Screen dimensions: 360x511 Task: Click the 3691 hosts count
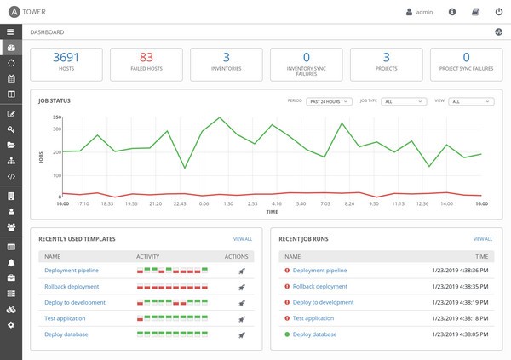tap(66, 58)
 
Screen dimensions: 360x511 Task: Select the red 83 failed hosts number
tap(146, 58)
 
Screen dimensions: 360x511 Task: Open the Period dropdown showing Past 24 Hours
tap(328, 101)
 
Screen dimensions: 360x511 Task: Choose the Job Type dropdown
tap(403, 101)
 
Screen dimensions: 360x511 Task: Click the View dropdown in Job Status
tap(471, 101)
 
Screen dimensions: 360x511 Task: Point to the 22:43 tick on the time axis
tap(179, 204)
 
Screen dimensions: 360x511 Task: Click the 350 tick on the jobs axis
tap(57, 117)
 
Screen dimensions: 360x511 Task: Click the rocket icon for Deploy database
tap(242, 334)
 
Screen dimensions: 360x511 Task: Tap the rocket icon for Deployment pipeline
tap(242, 271)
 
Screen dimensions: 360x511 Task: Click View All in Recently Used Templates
tap(243, 239)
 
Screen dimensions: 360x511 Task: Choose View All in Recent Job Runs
tap(482, 239)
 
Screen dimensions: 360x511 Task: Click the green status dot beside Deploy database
tap(287, 334)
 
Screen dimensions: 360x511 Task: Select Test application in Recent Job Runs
tap(313, 318)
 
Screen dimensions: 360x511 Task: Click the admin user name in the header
tap(424, 13)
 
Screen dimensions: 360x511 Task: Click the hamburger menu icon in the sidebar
tap(10, 31)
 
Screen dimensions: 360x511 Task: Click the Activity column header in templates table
tap(147, 255)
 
